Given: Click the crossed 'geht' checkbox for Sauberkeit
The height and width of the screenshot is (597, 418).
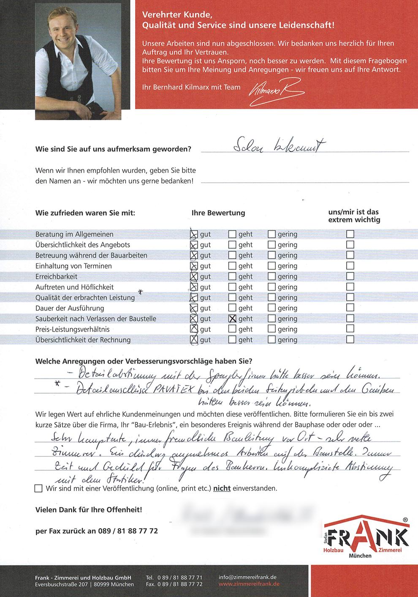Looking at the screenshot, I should click(x=232, y=319).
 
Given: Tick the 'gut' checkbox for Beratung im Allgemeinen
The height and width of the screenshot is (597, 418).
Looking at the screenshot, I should click(x=194, y=234).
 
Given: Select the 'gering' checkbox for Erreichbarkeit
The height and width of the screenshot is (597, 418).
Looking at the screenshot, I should click(x=271, y=277).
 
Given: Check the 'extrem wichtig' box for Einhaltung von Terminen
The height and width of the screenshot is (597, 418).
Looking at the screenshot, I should click(x=350, y=266).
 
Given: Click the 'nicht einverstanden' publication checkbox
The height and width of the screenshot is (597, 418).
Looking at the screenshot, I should click(x=38, y=489).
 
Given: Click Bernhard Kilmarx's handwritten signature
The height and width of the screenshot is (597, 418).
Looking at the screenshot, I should click(x=277, y=90).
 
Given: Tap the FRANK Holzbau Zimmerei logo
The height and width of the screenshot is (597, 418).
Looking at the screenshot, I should click(x=366, y=537).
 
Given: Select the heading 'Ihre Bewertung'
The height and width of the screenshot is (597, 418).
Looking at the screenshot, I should click(x=218, y=213).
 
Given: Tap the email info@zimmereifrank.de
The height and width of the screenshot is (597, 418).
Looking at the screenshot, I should click(x=247, y=577).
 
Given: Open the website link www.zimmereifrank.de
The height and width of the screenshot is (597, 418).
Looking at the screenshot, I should click(x=249, y=584).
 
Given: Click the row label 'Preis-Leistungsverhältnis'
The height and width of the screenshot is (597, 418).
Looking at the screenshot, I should click(x=73, y=329).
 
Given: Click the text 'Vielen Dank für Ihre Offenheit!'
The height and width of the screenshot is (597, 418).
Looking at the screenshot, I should click(x=89, y=510).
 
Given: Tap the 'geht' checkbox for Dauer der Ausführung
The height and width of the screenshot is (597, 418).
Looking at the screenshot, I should click(x=232, y=308).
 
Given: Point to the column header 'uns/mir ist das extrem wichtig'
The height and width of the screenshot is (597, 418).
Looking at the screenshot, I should click(x=354, y=216).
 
